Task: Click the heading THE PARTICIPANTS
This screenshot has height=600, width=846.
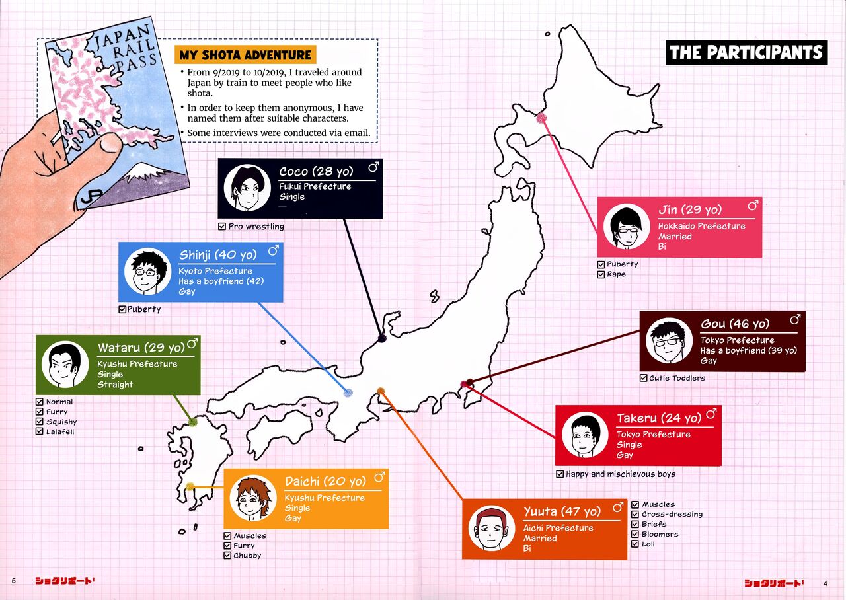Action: click(747, 52)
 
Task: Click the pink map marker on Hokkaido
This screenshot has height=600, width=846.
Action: click(541, 118)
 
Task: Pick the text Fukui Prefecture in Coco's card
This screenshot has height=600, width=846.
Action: click(315, 186)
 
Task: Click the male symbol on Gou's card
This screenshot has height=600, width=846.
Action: click(794, 320)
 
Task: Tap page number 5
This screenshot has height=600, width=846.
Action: click(13, 581)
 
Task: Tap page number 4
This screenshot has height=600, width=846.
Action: click(826, 583)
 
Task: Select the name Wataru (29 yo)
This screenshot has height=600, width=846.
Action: click(141, 348)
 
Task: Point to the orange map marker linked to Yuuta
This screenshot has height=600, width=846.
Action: click(380, 391)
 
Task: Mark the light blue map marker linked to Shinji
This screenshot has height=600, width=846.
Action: click(348, 393)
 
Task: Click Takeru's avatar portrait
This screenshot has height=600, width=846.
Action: click(585, 435)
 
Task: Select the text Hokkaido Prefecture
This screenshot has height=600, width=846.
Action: click(701, 226)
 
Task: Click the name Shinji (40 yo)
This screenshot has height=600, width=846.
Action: click(217, 255)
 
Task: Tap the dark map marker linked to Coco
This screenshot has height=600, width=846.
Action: click(381, 338)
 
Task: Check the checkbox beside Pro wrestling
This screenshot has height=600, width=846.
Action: click(222, 227)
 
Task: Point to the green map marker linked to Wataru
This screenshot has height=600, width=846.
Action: click(192, 422)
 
